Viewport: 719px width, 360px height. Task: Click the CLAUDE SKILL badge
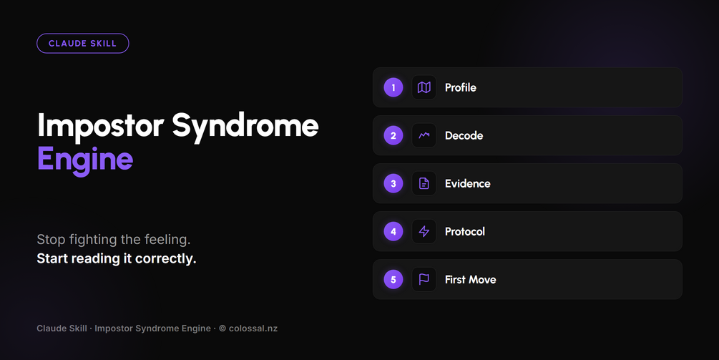82,44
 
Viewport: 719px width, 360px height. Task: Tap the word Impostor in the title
100,125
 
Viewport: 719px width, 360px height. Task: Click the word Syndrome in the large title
245,125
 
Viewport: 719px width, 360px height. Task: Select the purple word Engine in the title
85,160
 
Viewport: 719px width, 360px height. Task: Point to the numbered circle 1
393,87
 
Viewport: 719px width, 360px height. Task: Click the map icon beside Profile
424,87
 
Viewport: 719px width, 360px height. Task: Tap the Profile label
461,87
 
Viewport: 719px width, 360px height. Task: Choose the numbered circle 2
393,136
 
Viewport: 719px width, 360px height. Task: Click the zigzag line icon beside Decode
424,135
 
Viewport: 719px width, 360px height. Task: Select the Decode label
464,136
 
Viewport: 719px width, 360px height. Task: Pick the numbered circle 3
393,183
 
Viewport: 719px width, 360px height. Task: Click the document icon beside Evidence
424,183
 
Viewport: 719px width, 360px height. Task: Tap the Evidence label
467,183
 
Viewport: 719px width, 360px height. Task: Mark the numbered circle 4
393,232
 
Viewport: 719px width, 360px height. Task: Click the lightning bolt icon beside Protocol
424,232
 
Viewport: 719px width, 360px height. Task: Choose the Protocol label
464,232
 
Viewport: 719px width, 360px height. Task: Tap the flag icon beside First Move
424,279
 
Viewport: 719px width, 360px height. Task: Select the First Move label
471,280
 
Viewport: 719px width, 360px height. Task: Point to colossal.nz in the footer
253,329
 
